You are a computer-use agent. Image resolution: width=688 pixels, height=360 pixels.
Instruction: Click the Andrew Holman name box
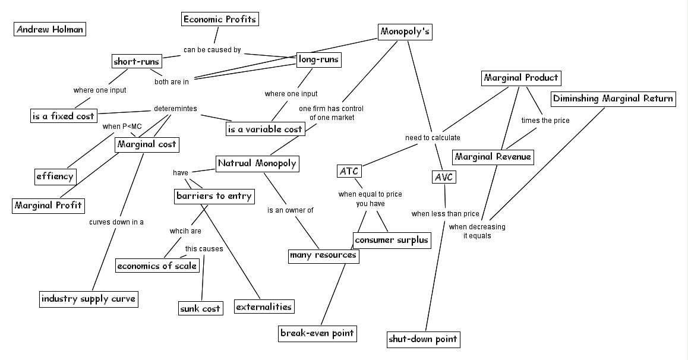[50, 29]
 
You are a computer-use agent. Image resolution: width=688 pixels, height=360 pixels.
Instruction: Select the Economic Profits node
[220, 19]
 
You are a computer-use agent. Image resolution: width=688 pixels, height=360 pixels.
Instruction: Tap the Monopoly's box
[405, 32]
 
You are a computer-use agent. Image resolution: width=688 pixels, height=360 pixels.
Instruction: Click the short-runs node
[137, 61]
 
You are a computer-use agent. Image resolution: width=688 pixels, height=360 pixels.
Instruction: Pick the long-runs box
[319, 59]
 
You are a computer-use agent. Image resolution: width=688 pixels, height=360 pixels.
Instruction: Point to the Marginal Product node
[520, 78]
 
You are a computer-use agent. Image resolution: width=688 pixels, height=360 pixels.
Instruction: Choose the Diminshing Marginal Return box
[613, 99]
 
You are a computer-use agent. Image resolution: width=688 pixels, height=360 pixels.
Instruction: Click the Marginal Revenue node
[493, 157]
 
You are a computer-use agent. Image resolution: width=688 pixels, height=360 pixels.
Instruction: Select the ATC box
[349, 172]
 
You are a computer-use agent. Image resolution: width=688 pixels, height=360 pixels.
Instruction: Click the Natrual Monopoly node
[257, 163]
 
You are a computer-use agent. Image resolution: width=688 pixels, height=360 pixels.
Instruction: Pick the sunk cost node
[201, 308]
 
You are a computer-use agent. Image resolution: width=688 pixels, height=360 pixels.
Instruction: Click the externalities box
[264, 307]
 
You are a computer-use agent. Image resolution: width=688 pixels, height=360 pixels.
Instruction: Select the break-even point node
[317, 333]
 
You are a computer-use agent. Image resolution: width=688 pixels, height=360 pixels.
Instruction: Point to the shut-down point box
[423, 339]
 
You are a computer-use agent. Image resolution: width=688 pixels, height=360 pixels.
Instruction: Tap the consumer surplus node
[391, 240]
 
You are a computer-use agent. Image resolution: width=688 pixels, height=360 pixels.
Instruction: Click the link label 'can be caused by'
[212, 50]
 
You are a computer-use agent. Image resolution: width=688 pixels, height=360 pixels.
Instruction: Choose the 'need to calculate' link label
[433, 138]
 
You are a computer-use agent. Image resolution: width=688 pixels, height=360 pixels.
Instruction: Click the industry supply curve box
[89, 298]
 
